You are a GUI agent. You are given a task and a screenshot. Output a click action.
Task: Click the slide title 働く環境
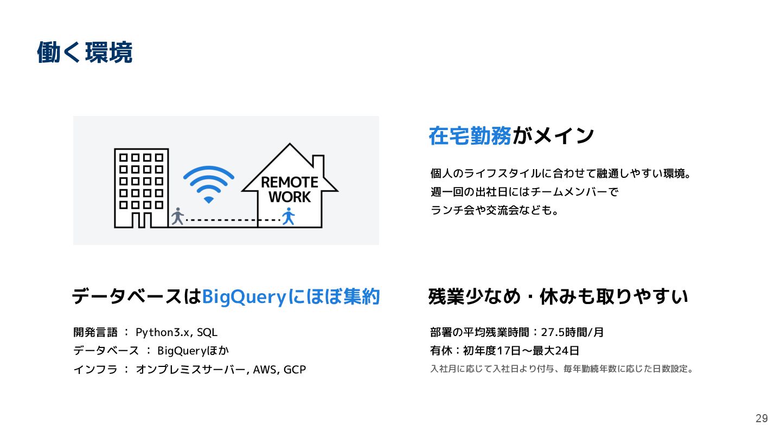[x=85, y=53]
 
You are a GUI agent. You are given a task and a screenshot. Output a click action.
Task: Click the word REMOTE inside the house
[x=290, y=182]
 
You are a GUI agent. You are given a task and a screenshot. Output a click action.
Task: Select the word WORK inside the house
[x=290, y=197]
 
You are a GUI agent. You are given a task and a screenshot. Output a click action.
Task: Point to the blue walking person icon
[x=288, y=216]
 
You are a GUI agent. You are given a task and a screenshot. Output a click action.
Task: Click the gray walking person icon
[x=177, y=216]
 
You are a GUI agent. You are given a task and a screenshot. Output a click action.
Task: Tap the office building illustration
[x=141, y=187]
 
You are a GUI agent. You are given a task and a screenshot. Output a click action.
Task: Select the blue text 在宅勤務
[x=470, y=135]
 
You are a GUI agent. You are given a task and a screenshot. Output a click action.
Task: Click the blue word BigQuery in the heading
[x=244, y=297]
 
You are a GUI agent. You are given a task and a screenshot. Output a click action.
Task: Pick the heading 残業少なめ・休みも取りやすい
[x=558, y=297]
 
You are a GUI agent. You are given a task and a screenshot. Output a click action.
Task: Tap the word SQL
[x=207, y=332]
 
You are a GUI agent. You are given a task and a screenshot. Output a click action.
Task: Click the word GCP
[x=295, y=370]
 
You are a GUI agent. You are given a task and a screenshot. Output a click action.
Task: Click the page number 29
[x=761, y=418]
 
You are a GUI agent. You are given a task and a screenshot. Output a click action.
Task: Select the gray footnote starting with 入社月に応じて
[x=562, y=369]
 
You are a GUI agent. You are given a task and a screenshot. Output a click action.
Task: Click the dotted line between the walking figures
[x=233, y=220]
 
